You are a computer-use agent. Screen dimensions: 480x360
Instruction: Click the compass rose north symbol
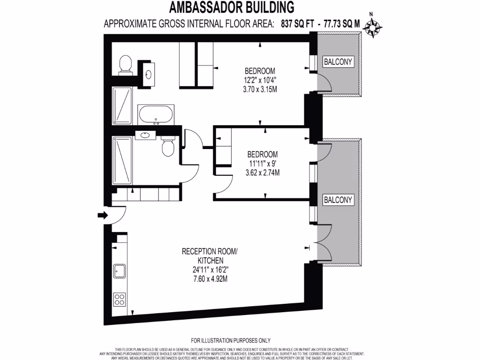point(373,28)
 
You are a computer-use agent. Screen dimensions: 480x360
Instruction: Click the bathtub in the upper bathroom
point(156,114)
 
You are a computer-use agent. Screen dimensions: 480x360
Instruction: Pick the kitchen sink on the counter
point(119,271)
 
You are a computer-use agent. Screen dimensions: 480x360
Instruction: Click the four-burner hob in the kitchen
point(119,299)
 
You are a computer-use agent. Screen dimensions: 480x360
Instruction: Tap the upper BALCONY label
point(338,61)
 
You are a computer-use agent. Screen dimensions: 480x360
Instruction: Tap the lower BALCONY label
point(338,200)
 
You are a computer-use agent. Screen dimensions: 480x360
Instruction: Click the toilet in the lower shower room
point(167,147)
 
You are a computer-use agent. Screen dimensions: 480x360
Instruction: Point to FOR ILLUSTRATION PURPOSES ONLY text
point(231,340)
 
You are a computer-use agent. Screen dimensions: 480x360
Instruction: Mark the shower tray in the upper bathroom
point(122,105)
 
